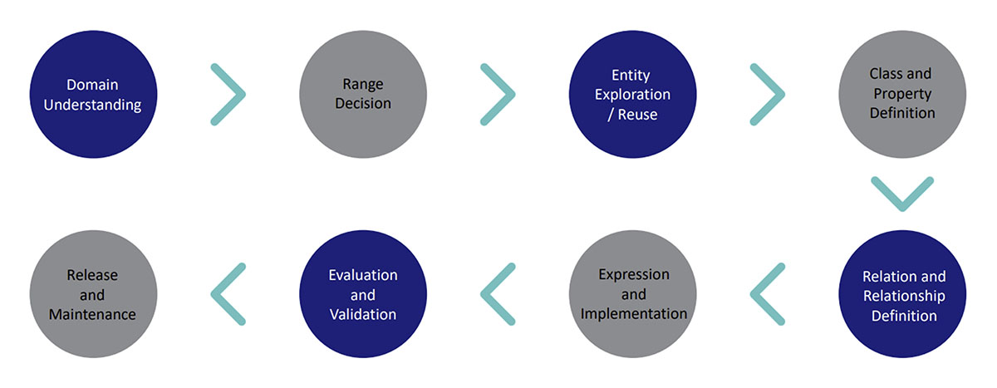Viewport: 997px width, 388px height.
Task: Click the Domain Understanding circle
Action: click(x=93, y=95)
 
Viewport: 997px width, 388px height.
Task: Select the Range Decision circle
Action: click(x=363, y=95)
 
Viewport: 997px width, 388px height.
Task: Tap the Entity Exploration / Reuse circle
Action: click(x=633, y=95)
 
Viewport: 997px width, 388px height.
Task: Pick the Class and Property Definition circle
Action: click(x=902, y=95)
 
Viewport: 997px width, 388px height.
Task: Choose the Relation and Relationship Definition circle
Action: click(x=902, y=293)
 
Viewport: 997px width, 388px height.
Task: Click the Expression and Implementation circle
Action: click(x=633, y=293)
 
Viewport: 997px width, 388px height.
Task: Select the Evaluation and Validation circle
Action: click(x=363, y=293)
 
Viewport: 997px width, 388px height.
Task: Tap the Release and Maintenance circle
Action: click(x=93, y=293)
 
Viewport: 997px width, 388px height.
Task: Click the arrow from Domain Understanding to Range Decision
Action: click(x=242, y=95)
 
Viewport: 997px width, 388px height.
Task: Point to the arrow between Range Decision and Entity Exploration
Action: click(x=512, y=95)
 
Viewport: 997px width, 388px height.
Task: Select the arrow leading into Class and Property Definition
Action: click(x=782, y=95)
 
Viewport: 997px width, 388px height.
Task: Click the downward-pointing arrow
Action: click(x=902, y=208)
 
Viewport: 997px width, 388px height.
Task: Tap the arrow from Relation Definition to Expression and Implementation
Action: click(x=754, y=293)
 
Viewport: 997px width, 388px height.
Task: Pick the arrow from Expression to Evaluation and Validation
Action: click(x=484, y=293)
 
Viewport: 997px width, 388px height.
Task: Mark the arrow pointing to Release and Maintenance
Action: click(x=214, y=293)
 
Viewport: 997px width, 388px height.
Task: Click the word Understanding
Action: click(x=92, y=105)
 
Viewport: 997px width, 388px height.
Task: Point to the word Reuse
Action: click(x=637, y=115)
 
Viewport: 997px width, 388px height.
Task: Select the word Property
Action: click(x=902, y=94)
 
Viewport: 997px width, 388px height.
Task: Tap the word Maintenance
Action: click(x=92, y=314)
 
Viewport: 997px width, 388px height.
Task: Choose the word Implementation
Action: click(x=634, y=314)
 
